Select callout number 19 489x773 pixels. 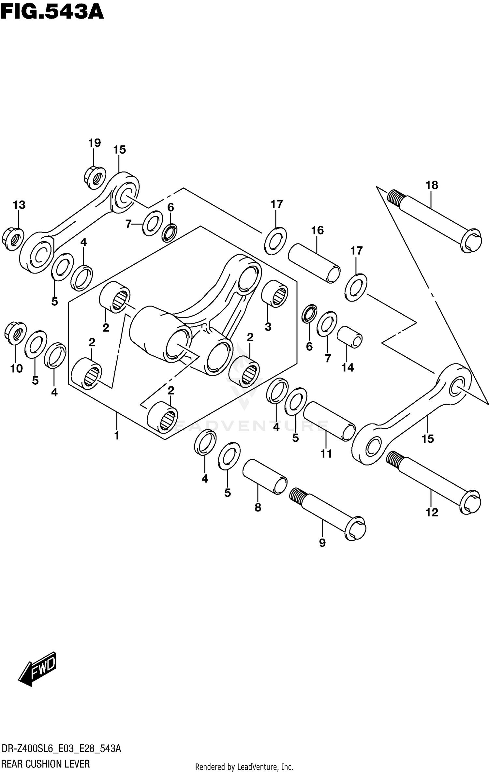click(x=94, y=143)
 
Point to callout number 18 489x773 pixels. click(x=432, y=185)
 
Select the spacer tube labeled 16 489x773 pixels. click(x=314, y=263)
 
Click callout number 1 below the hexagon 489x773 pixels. click(x=117, y=435)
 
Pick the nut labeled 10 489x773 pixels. click(x=15, y=333)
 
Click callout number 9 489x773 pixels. click(x=322, y=543)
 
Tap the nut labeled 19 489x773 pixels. click(x=96, y=177)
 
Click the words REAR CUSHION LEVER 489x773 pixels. click(x=45, y=764)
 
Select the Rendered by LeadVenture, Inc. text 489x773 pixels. click(x=244, y=767)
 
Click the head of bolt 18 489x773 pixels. click(x=471, y=241)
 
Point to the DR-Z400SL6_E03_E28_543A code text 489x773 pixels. click(x=61, y=749)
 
